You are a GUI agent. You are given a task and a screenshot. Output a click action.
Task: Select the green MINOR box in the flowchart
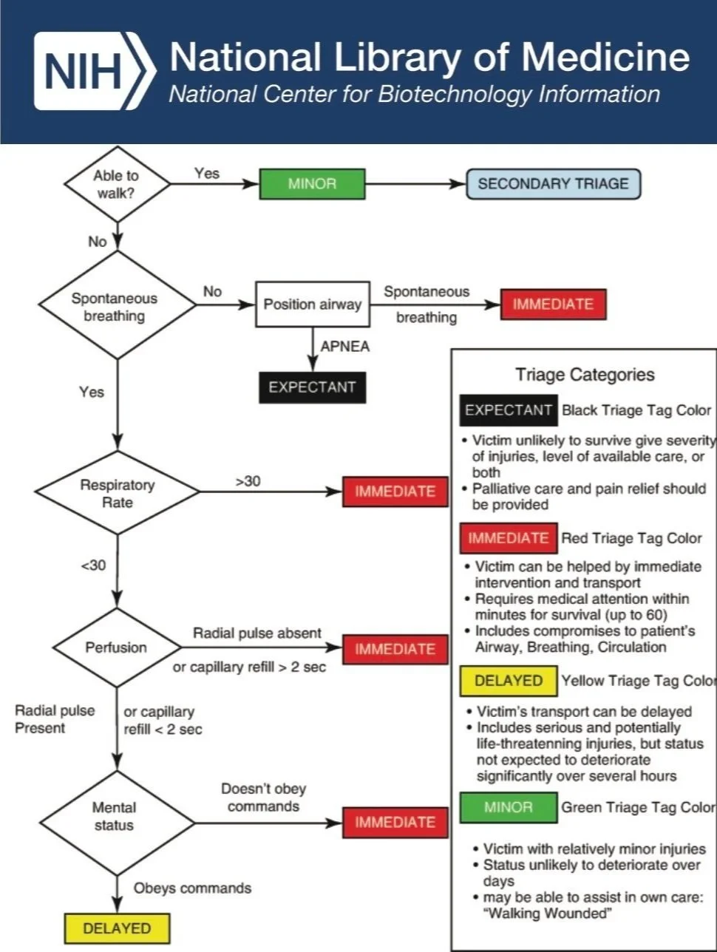(x=312, y=184)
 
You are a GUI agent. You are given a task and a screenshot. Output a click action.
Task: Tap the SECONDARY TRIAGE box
(x=553, y=184)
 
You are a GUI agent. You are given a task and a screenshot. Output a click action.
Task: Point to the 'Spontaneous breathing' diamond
(x=115, y=307)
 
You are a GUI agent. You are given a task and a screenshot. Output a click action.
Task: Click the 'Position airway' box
(x=312, y=304)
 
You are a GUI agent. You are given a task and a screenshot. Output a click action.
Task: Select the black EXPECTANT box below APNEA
(x=312, y=387)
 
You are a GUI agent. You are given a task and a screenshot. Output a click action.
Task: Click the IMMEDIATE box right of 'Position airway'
(x=553, y=305)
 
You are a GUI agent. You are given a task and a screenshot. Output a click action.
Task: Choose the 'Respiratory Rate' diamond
(x=117, y=493)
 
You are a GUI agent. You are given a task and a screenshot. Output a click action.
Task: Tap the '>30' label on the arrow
(x=248, y=481)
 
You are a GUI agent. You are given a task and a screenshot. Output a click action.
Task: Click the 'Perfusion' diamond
(x=116, y=647)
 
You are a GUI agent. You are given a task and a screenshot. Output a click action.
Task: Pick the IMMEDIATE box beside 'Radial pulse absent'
(x=395, y=649)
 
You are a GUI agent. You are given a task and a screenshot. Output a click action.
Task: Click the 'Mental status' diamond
(x=115, y=817)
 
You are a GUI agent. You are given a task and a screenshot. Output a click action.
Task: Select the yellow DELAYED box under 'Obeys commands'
(x=117, y=928)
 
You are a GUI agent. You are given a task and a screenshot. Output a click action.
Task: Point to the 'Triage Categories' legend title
(x=585, y=375)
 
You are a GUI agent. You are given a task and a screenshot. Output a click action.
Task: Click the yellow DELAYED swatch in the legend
(x=509, y=681)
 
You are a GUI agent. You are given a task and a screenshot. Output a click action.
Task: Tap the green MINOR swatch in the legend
(x=509, y=807)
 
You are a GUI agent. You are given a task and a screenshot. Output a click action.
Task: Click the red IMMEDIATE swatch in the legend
(x=509, y=538)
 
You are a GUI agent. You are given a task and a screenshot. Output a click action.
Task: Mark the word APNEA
(x=344, y=347)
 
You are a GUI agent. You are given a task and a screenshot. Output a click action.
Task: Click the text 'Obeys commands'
(x=192, y=888)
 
